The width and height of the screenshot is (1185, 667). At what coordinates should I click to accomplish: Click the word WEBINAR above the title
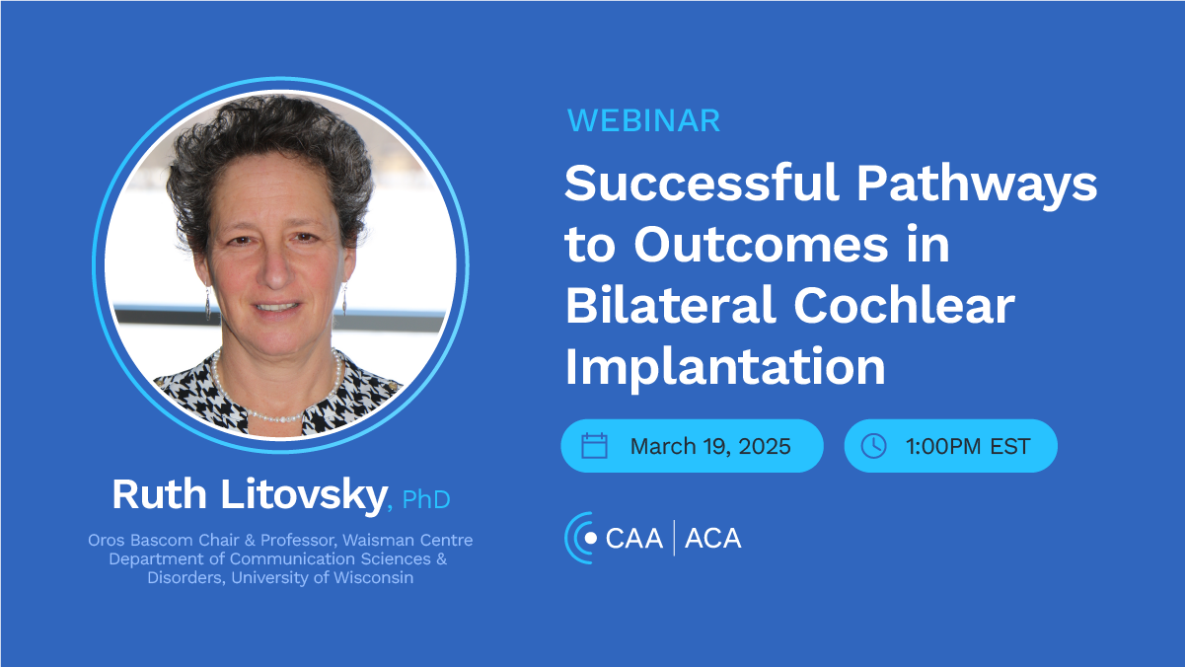point(643,120)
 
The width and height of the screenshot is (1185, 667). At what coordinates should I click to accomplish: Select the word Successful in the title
point(702,183)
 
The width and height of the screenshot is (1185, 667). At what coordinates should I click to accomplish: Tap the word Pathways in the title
point(977,185)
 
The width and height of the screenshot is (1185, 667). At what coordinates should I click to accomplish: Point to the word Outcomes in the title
point(761,244)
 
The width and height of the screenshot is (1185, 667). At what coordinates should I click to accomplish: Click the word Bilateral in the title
point(670,305)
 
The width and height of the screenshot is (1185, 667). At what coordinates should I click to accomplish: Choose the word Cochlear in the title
point(904,305)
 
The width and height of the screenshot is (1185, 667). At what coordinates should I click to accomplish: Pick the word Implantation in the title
point(725,369)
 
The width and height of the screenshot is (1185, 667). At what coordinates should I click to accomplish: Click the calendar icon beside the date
point(594,445)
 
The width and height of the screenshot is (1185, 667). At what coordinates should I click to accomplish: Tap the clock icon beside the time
point(873,445)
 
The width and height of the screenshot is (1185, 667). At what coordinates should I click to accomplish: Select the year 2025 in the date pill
point(765,446)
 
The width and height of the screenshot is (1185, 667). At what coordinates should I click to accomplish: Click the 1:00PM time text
point(943,446)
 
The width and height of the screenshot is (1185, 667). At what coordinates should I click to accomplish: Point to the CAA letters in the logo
point(633,539)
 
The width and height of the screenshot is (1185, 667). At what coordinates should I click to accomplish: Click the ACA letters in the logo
point(712,539)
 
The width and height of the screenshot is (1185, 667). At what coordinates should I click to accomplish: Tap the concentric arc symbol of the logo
point(579,538)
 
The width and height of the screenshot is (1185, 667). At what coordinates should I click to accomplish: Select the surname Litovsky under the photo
point(303,495)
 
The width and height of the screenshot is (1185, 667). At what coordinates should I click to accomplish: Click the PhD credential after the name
point(426,499)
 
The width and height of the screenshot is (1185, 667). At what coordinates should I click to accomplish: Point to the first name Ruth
point(159,494)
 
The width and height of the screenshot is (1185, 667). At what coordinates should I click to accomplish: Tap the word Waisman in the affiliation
point(371,540)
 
